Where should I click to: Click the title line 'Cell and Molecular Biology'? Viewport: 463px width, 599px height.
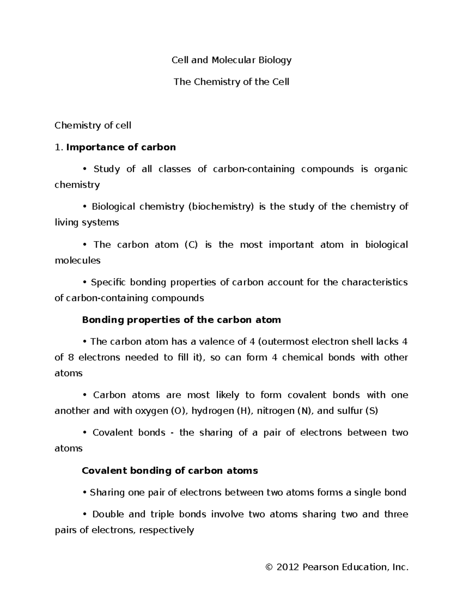click(x=231, y=60)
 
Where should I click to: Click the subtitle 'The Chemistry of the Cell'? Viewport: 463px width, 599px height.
click(x=231, y=82)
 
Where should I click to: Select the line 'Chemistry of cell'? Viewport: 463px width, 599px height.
click(x=93, y=125)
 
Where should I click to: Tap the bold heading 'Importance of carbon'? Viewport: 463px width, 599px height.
click(x=121, y=147)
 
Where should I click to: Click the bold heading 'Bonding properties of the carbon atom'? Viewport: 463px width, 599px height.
click(x=181, y=320)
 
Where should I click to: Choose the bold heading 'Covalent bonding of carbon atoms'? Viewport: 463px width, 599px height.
click(x=170, y=471)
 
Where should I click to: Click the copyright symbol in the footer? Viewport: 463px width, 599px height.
click(x=269, y=567)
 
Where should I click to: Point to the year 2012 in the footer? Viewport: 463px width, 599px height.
click(x=288, y=567)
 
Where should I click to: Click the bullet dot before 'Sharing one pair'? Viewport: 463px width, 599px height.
click(x=85, y=493)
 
